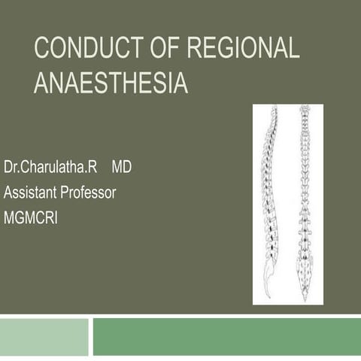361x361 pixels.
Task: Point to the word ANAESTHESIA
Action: (x=111, y=82)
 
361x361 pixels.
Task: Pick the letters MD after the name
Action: (x=121, y=167)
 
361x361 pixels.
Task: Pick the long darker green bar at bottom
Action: (x=226, y=336)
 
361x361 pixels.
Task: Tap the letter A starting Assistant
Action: (x=8, y=192)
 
